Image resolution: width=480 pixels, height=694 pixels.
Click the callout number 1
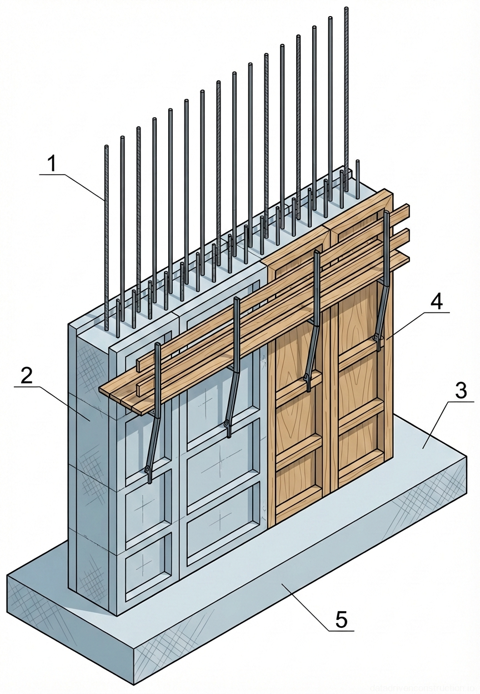coord(52,164)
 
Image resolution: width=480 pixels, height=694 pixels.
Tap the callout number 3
coord(460,391)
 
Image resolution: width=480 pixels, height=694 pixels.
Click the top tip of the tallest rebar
coord(347,9)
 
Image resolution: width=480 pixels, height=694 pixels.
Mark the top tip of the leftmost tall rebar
coord(106,147)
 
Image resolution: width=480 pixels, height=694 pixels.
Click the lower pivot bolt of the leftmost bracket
coord(148,470)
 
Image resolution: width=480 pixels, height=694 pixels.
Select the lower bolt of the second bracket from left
coord(227,425)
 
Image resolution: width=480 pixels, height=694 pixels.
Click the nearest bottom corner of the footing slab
coord(134,683)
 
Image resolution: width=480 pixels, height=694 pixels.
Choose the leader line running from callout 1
coord(83,186)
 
